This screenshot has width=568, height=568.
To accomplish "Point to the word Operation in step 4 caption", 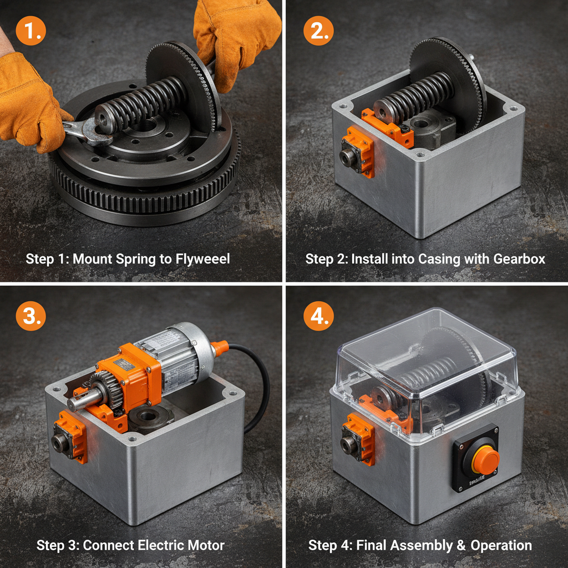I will point(501,545).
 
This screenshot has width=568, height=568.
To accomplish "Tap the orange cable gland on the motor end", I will point(219,348).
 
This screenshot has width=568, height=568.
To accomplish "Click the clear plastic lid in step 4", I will point(427,355).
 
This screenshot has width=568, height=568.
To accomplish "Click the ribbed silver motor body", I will point(177,355).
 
